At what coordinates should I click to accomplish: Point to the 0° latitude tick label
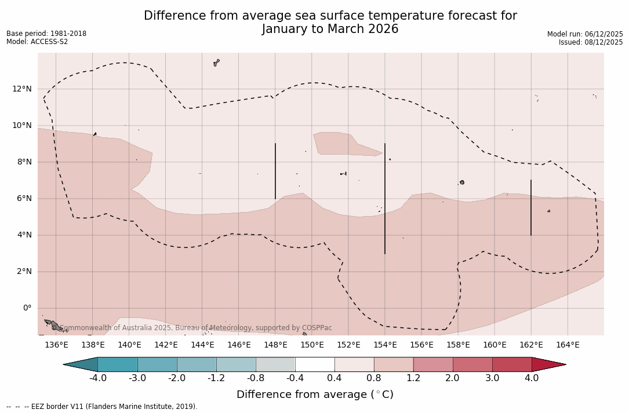pos(27,308)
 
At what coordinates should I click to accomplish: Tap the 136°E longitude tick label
pos(56,345)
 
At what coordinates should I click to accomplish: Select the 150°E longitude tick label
pos(312,345)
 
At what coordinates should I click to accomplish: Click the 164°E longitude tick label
pos(568,345)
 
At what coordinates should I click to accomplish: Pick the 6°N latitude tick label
pos(24,198)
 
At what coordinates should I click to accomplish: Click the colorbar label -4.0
pos(98,378)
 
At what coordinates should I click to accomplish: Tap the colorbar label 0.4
pos(335,378)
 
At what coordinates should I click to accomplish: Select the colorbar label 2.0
pos(453,378)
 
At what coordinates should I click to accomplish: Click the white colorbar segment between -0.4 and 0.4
pos(315,364)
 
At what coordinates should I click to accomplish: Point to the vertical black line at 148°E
pos(275,171)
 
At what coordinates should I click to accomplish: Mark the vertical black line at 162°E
pos(531,207)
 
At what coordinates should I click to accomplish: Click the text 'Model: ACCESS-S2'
pos(37,42)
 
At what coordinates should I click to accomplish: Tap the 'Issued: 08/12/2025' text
pos(591,42)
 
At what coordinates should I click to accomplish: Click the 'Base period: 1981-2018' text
pos(46,34)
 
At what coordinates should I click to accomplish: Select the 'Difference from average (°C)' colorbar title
pos(315,394)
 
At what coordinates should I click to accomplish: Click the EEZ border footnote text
pos(102,407)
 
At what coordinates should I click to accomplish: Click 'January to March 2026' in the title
pos(330,29)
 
